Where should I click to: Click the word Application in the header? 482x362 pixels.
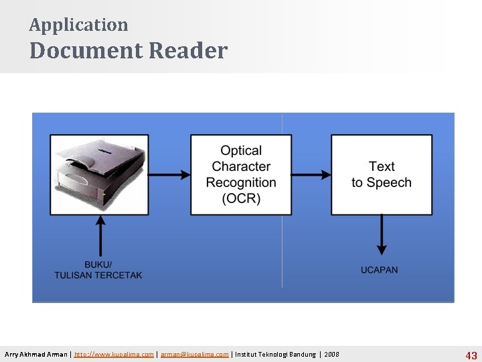point(78,25)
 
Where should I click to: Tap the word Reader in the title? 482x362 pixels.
point(188,51)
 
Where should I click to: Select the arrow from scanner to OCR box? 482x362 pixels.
point(169,175)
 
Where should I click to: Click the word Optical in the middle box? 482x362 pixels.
point(241,151)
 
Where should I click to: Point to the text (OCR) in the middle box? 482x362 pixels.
point(241,198)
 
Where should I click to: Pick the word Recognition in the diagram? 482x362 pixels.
point(241,182)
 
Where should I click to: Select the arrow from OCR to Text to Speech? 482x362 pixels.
point(311,175)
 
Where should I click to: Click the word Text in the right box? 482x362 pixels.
point(382,166)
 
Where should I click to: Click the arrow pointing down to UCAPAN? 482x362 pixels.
point(382,235)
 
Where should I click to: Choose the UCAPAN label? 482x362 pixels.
point(379,270)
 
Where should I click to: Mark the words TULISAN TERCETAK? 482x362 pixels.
point(98,275)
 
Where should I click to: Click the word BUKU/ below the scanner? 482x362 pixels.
point(98,265)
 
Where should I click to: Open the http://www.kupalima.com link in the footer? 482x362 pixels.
point(114,354)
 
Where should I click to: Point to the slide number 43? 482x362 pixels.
point(471,355)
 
